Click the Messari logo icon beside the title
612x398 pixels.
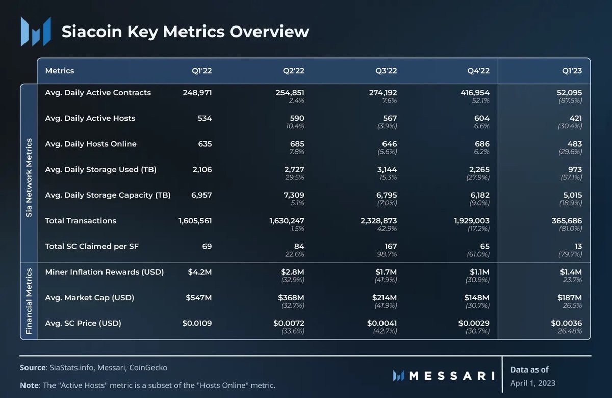click(36, 32)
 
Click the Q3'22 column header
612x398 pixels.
click(386, 71)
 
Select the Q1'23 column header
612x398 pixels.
click(571, 71)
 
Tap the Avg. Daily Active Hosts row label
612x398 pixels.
click(90, 118)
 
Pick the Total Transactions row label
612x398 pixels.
click(81, 221)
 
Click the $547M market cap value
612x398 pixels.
click(199, 297)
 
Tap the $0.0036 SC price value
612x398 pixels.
click(566, 323)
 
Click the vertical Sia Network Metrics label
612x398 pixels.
click(29, 177)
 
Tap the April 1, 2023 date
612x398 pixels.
click(532, 383)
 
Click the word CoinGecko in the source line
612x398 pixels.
click(148, 367)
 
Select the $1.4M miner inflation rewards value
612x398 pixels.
click(571, 272)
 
